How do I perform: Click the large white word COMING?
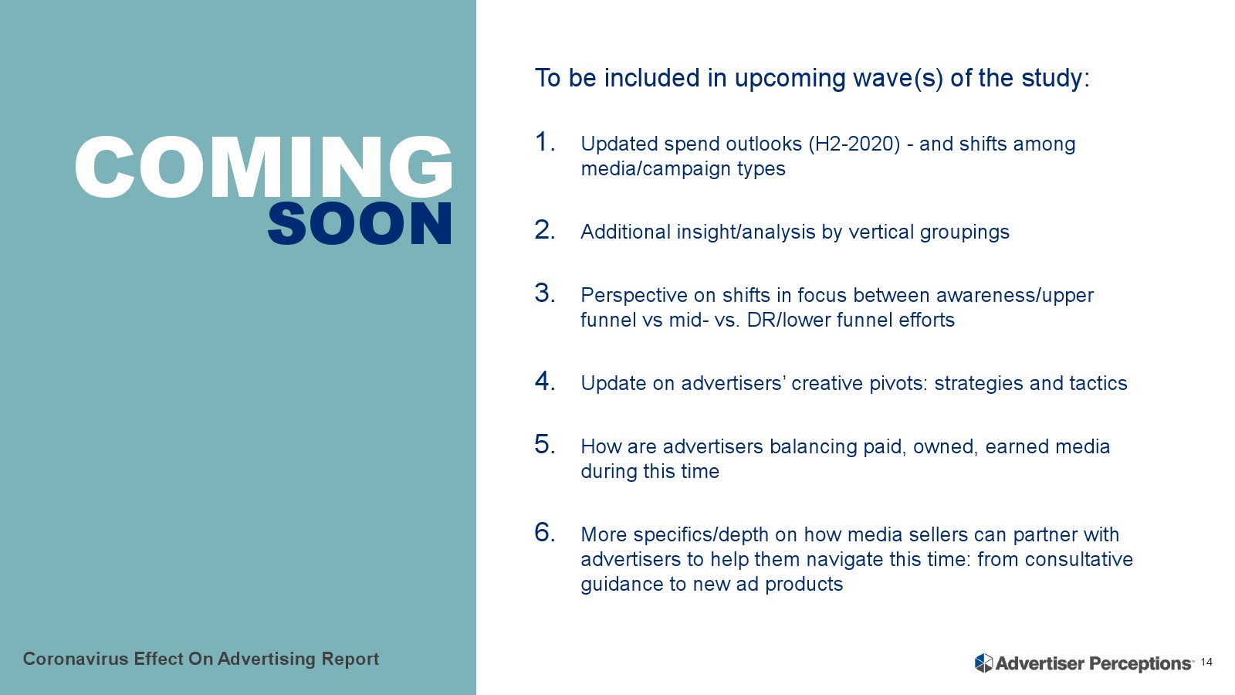(x=263, y=167)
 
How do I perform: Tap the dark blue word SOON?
(x=360, y=223)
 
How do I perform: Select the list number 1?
(x=544, y=142)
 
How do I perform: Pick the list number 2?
(x=544, y=230)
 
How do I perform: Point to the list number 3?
(x=544, y=293)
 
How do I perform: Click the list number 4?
(x=544, y=381)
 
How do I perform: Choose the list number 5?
(x=544, y=445)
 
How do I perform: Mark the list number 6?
(x=544, y=533)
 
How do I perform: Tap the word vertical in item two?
(x=881, y=232)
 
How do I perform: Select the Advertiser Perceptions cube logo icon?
(x=983, y=663)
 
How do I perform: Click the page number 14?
(x=1206, y=662)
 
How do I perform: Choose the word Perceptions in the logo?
(x=1142, y=663)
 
